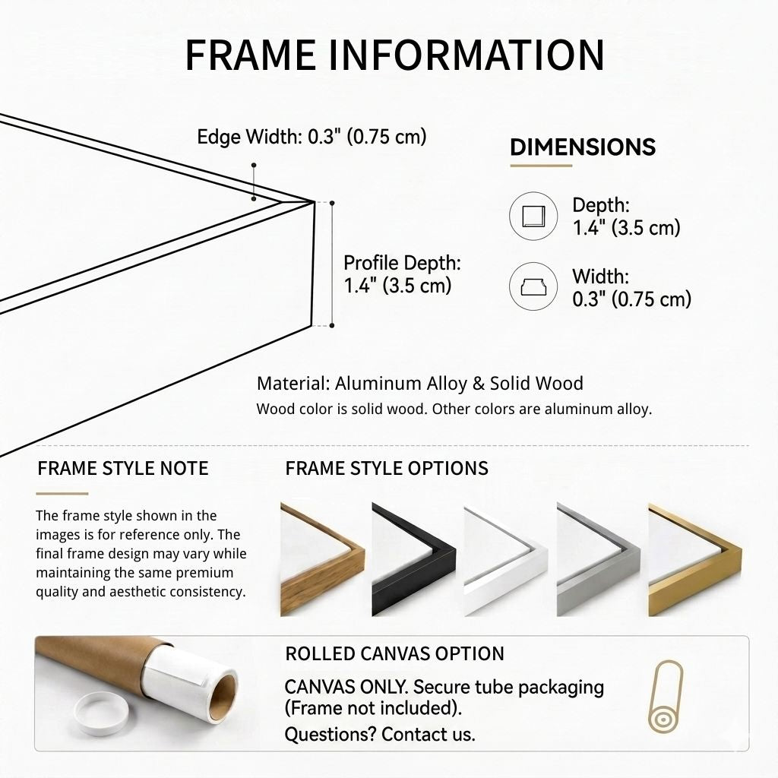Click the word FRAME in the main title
[x=251, y=55]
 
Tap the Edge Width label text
[x=312, y=137]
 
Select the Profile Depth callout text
[x=402, y=274]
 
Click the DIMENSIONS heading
[x=583, y=147]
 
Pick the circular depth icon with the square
[x=533, y=217]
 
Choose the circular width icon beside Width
[x=533, y=286]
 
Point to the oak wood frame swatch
[x=322, y=559]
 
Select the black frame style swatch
[x=414, y=559]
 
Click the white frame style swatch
[x=506, y=559]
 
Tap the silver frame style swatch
[x=599, y=559]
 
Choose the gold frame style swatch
[x=695, y=559]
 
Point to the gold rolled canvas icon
[x=666, y=696]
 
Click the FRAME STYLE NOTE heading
[x=123, y=468]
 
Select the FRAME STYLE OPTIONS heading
[x=387, y=468]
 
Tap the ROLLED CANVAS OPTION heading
[x=394, y=654]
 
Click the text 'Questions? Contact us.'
[x=380, y=734]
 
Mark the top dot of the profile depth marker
[x=332, y=203]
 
